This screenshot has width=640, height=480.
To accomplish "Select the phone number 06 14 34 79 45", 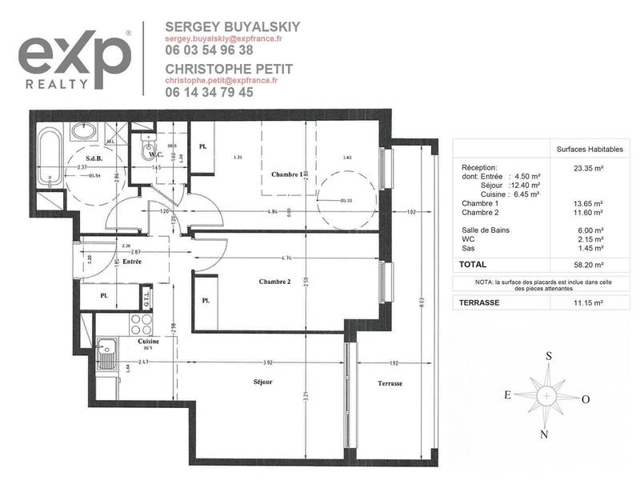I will click(x=209, y=92).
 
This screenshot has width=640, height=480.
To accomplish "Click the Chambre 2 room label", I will click(x=274, y=282).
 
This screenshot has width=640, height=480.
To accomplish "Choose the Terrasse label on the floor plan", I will click(x=390, y=384).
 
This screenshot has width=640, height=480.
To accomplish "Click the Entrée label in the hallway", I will click(x=132, y=262).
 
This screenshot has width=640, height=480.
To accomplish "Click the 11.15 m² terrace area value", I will click(x=588, y=303).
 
